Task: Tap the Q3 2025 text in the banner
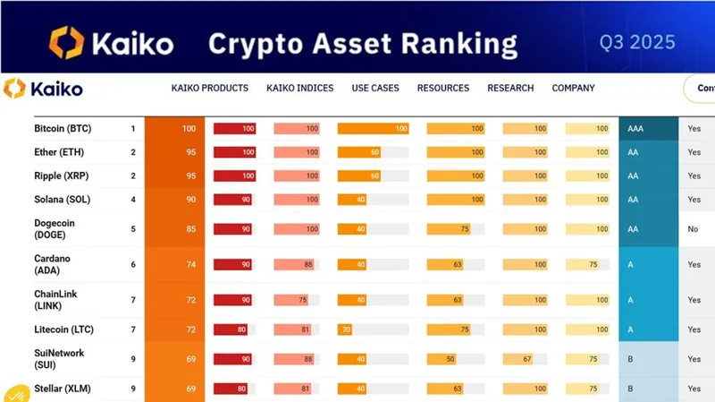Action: point(637,42)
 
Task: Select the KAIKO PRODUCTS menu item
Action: point(210,88)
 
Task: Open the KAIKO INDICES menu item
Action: point(299,88)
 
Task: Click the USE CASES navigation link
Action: point(375,88)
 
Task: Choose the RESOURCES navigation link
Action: point(442,88)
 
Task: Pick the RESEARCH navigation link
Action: point(510,88)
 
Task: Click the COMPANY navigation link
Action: point(574,88)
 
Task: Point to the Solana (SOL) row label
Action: point(62,199)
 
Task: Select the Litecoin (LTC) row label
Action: point(63,329)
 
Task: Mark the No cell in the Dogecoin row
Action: point(693,229)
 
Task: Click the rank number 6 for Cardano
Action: point(133,265)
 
